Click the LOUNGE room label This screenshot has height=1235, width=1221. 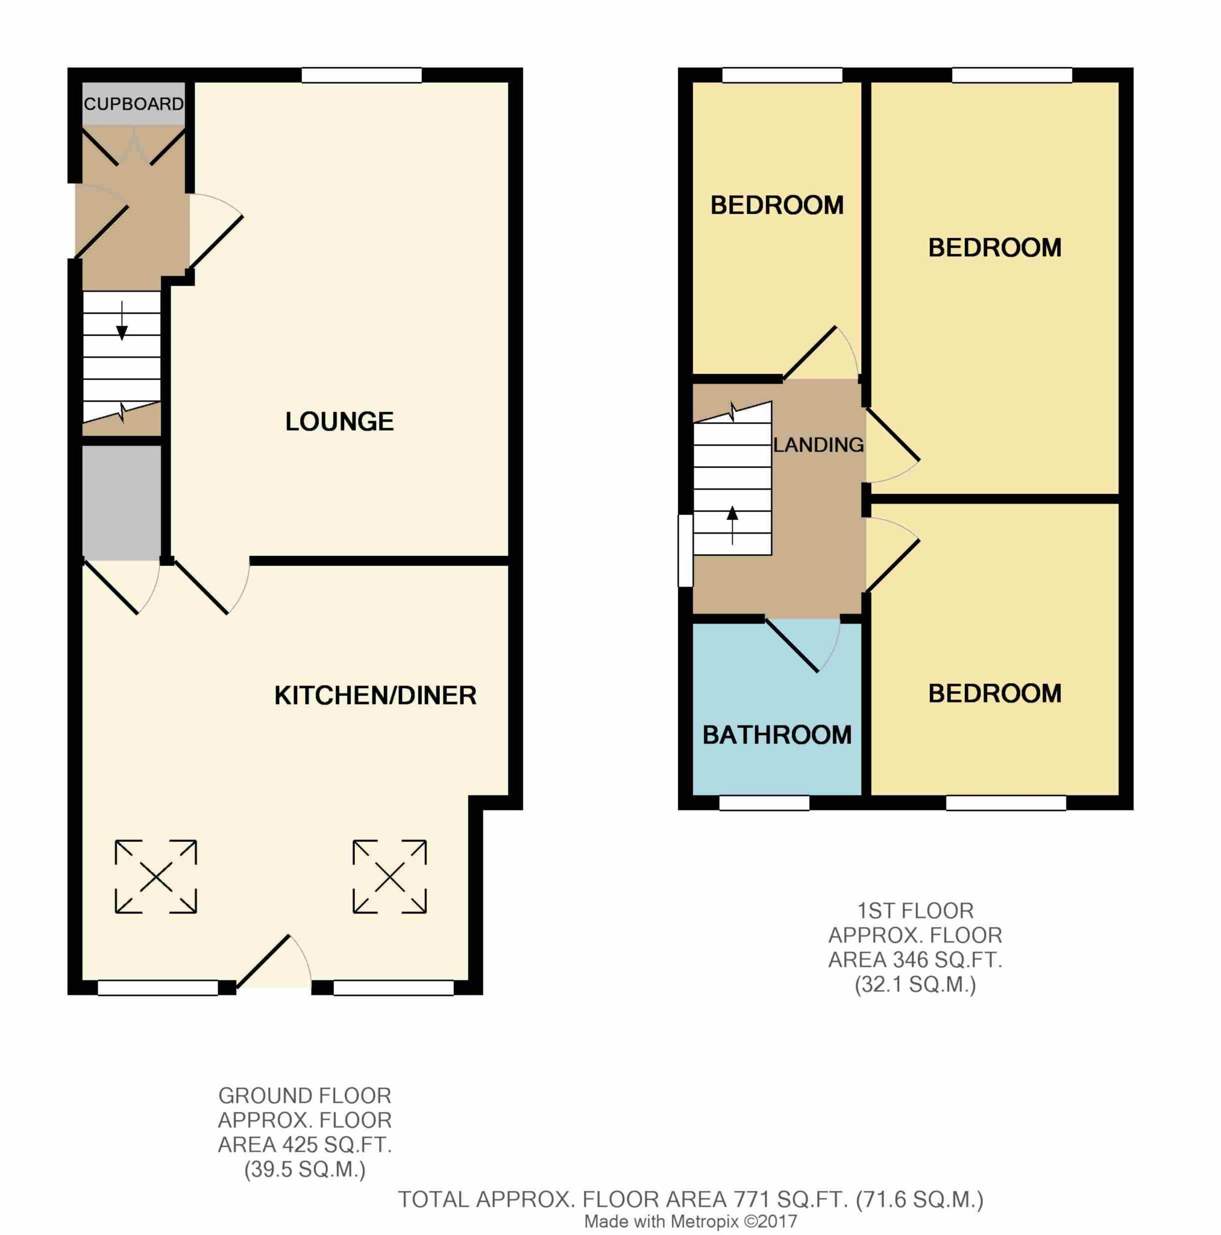(339, 422)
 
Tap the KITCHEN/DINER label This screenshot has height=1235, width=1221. (375, 695)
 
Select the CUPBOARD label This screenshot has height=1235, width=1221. (134, 104)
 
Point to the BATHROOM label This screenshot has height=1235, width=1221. (776, 735)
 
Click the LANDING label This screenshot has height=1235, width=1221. (818, 445)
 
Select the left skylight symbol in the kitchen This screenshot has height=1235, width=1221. (156, 876)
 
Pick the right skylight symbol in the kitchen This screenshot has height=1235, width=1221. (389, 876)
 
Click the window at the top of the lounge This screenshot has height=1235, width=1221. (362, 75)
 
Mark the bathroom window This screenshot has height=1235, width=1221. (764, 802)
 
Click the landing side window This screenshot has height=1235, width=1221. (685, 550)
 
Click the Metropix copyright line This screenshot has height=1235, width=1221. (690, 1222)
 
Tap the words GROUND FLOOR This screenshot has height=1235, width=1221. (304, 1096)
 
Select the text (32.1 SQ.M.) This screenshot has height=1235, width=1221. (915, 984)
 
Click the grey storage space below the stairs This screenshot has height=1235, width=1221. (121, 502)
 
